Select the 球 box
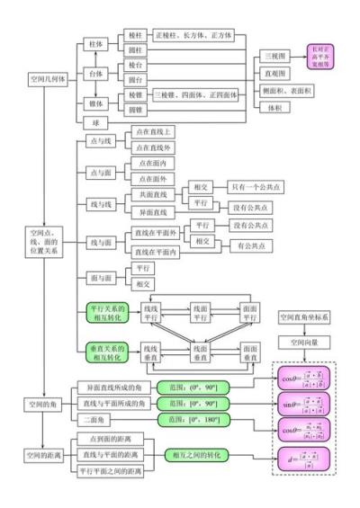tap(94, 120)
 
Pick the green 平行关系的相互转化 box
tap(107, 312)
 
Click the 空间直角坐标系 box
tap(304, 316)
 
